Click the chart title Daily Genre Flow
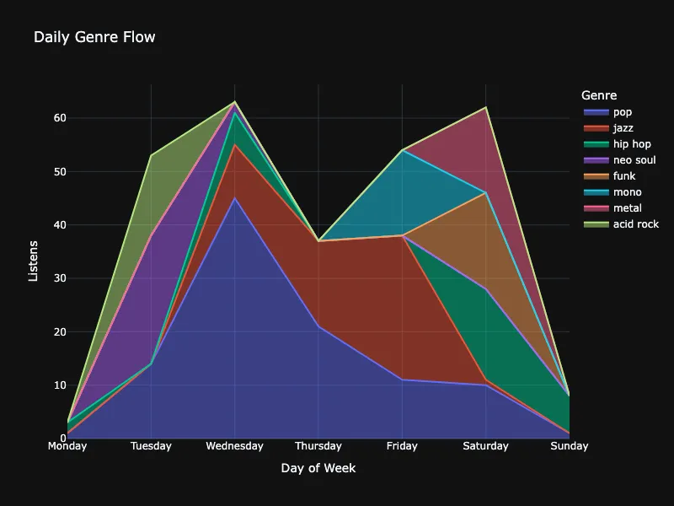pyautogui.click(x=94, y=37)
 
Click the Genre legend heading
pyautogui.click(x=599, y=95)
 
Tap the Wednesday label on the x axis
pyautogui.click(x=235, y=446)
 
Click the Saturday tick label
pyautogui.click(x=486, y=446)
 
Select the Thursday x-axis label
pyautogui.click(x=318, y=446)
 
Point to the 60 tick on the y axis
pyautogui.click(x=60, y=118)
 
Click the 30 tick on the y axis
pyautogui.click(x=60, y=278)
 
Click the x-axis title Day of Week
pyautogui.click(x=318, y=468)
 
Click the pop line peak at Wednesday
pyautogui.click(x=235, y=198)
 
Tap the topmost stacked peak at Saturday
pyautogui.click(x=486, y=107)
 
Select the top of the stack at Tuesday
pyautogui.click(x=151, y=155)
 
